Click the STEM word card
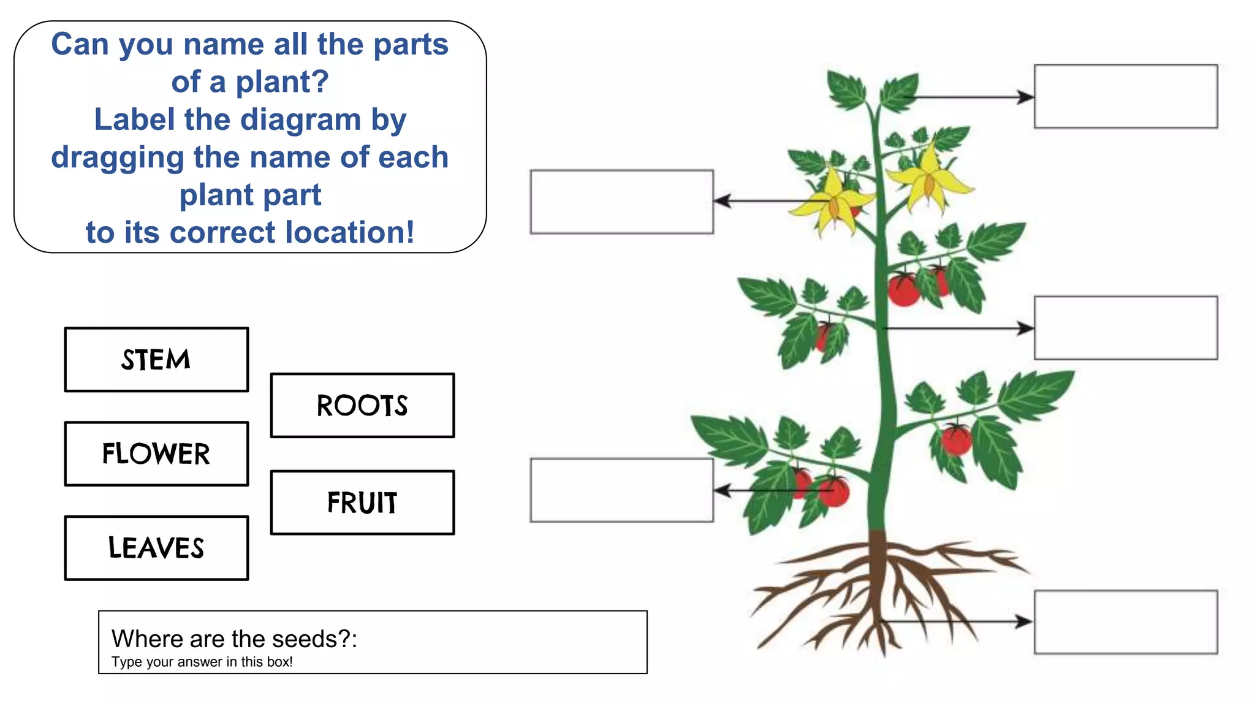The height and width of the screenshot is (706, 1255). tap(156, 360)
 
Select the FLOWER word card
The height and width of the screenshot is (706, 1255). tap(156, 454)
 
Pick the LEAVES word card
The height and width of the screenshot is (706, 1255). tap(156, 548)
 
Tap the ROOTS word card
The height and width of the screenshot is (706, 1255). tap(362, 406)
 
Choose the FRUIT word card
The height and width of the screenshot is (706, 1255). tap(362, 503)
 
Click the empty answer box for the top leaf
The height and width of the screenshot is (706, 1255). tap(1126, 97)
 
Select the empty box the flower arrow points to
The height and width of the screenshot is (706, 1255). tap(621, 202)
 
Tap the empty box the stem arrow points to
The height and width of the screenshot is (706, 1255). tap(1126, 328)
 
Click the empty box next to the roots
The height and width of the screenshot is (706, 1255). tap(1126, 622)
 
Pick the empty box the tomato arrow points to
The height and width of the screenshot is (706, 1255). tap(621, 490)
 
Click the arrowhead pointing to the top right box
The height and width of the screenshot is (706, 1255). tap(1025, 97)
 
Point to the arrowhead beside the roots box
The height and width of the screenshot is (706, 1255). tap(1024, 621)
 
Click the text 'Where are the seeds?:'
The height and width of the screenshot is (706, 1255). tap(234, 639)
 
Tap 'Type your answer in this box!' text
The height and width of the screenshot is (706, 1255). tap(202, 662)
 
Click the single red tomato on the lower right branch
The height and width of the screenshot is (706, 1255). tap(956, 440)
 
